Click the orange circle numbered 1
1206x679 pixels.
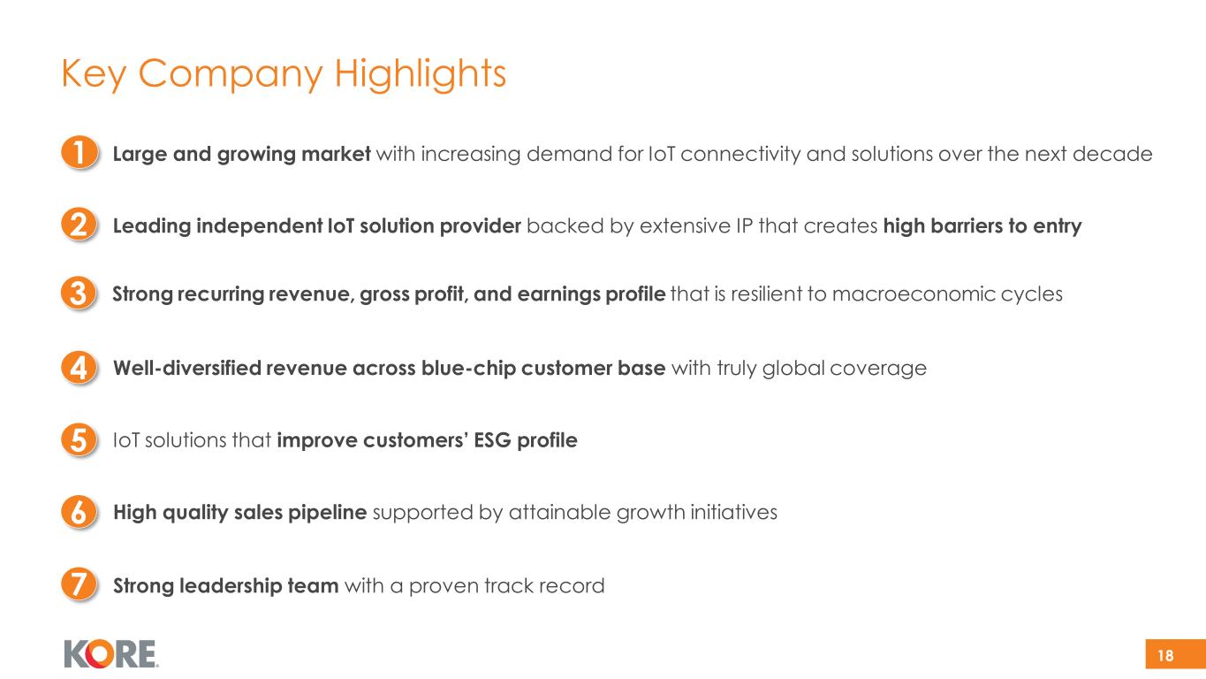[x=80, y=152]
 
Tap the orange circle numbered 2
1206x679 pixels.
[x=80, y=225]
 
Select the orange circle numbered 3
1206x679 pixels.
[x=80, y=294]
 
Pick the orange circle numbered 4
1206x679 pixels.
[x=80, y=368]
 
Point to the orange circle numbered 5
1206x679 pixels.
[x=80, y=439]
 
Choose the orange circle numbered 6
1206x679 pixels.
[x=80, y=512]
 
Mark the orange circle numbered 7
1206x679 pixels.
[x=80, y=584]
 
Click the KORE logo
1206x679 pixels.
[x=111, y=653]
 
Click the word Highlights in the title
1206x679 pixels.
[x=420, y=74]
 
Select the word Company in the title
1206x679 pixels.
[x=231, y=75]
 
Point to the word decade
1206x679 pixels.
[x=1112, y=154]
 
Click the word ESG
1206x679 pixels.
[x=493, y=440]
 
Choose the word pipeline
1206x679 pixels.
[x=327, y=513]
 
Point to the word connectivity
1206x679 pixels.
[x=740, y=155]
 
